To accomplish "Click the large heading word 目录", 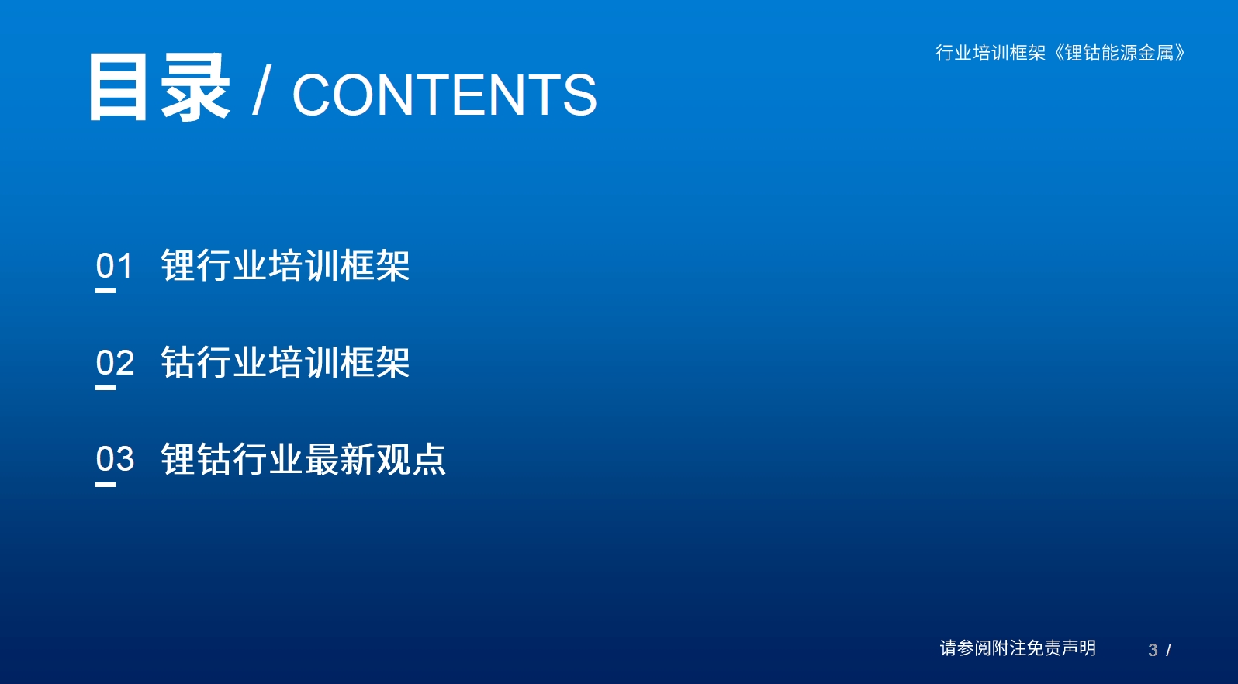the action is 159,88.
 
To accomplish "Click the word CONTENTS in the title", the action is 444,95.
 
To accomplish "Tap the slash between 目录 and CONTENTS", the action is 261,90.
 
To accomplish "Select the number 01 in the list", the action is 114,266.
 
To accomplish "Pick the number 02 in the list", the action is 115,362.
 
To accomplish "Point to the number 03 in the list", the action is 115,458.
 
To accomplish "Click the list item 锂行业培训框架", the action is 285,265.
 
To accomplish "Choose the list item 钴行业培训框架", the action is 285,362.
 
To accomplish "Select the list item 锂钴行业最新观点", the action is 303,458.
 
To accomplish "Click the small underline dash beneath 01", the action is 105,291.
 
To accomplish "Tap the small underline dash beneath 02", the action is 105,388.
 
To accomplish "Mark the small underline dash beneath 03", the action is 105,485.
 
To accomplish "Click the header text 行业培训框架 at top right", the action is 991,53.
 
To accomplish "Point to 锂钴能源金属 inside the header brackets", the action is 1119,53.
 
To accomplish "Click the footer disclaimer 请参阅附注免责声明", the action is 1018,648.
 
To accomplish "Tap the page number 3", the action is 1153,650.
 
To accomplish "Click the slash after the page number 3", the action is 1168,651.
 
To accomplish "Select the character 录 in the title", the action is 195,88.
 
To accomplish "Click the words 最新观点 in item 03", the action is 375,458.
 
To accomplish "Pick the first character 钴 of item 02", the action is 178,362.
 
